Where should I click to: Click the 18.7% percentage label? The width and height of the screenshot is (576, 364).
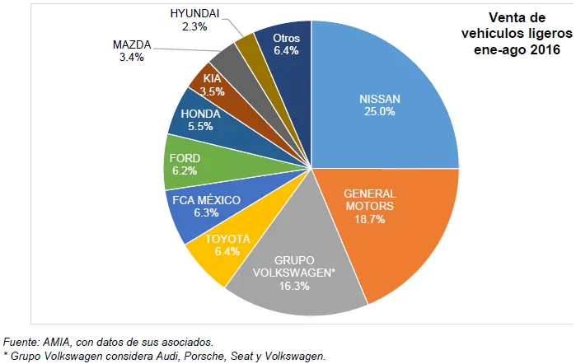(x=368, y=220)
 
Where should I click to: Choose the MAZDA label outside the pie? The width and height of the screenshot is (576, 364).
(x=131, y=44)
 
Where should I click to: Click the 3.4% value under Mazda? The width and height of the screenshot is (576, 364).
(x=131, y=57)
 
